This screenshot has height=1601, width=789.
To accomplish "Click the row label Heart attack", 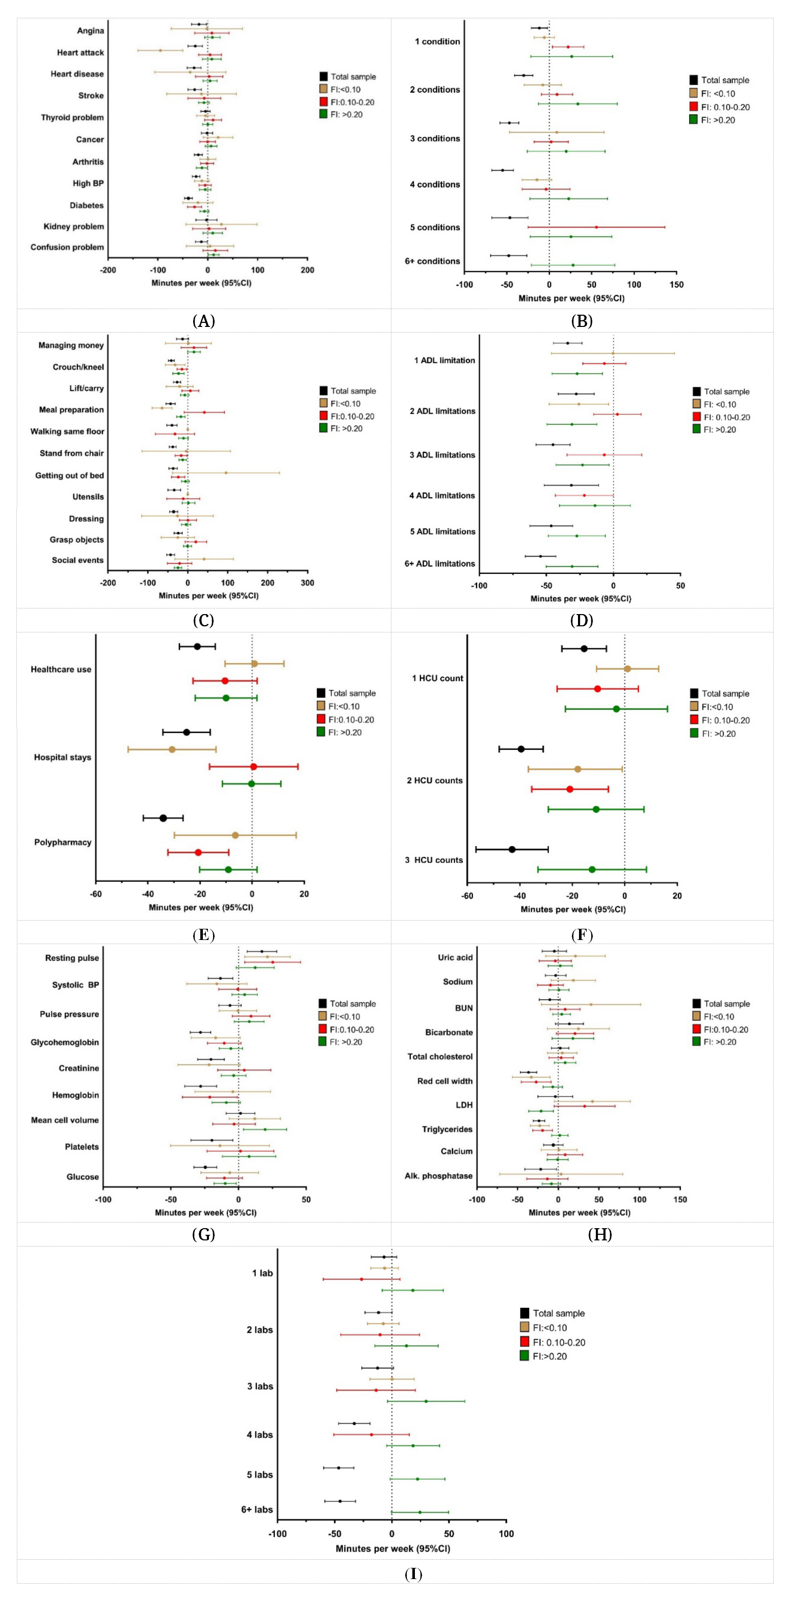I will coord(80,53).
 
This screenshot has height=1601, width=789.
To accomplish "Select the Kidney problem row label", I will coord(73,226).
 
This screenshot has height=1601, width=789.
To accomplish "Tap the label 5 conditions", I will coord(435,227).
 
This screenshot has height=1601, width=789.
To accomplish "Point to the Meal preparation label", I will coord(71,410).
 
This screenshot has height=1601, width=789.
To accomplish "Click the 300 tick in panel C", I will coord(307,583).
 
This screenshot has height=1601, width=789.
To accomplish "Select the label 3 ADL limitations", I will coord(442,455).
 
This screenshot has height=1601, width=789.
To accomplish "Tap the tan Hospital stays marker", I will coord(172,750).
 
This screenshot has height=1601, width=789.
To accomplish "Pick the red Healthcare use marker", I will coord(225,681).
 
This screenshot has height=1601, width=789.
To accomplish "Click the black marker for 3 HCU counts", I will coord(512,850).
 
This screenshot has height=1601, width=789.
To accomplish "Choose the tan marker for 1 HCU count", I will coord(627,669).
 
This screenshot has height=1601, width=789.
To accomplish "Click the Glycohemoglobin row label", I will coord(65,1043).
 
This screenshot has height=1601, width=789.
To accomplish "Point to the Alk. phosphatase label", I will coord(439,1176).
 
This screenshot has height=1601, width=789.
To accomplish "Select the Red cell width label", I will coord(445,1081).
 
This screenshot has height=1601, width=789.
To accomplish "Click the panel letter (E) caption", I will coord(203,935).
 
